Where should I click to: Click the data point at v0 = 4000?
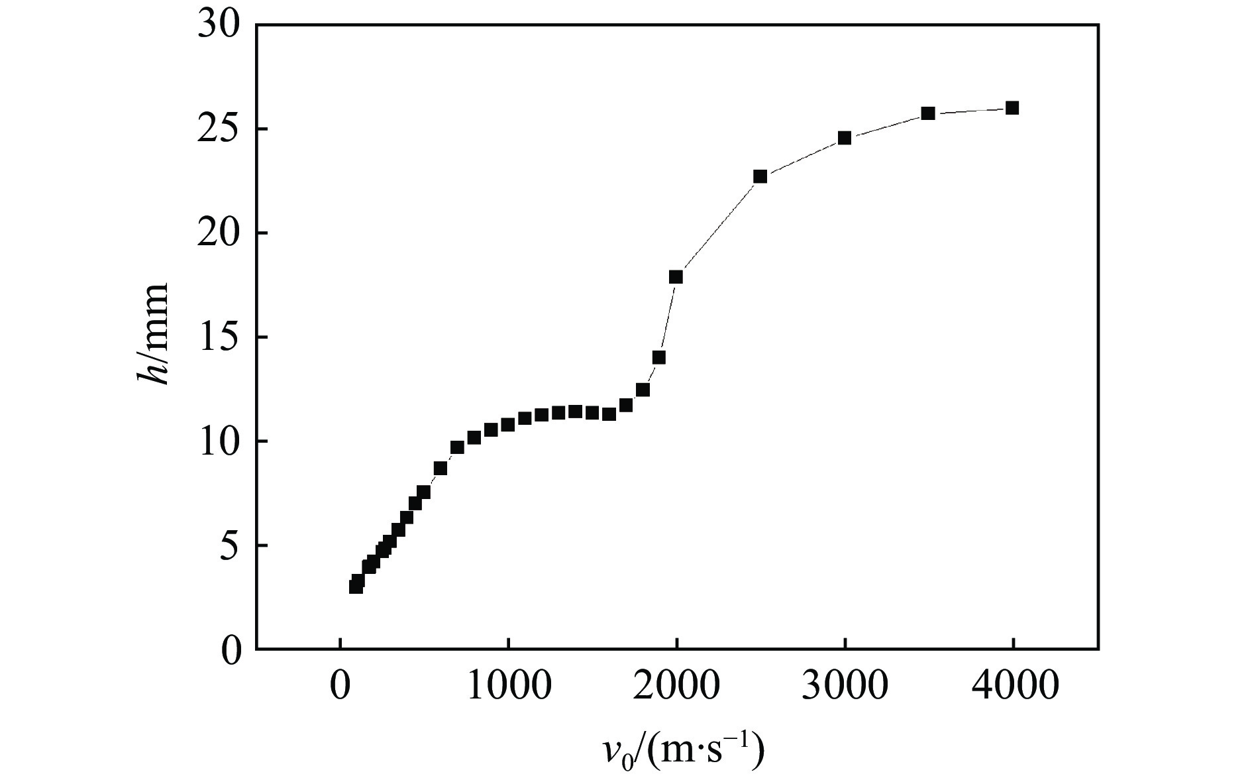[1012, 108]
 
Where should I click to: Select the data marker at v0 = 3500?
[927, 113]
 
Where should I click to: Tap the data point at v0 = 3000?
[844, 138]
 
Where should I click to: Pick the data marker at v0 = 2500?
[760, 176]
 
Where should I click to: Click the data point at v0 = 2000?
[676, 277]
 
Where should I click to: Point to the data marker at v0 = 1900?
[658, 358]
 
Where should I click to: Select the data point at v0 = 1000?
[507, 424]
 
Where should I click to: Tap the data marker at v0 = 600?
[441, 469]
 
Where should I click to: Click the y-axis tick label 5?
[229, 546]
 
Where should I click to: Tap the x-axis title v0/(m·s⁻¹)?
[682, 750]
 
